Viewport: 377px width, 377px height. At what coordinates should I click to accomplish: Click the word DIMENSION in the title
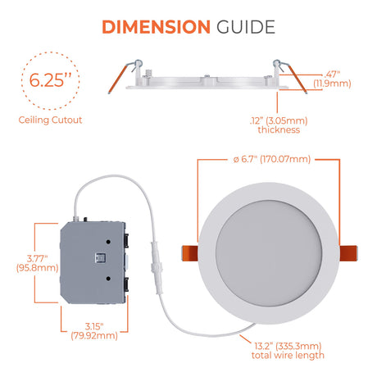pyautogui.click(x=156, y=27)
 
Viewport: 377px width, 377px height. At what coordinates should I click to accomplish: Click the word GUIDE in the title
pyautogui.click(x=246, y=27)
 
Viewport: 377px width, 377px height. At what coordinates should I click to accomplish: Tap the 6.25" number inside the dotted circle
pyautogui.click(x=50, y=80)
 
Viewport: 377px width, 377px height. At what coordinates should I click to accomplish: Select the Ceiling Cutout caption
pyautogui.click(x=50, y=120)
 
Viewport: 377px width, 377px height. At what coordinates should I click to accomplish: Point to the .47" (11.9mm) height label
pyautogui.click(x=332, y=79)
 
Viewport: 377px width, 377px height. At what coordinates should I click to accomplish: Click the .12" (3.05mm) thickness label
pyautogui.click(x=279, y=125)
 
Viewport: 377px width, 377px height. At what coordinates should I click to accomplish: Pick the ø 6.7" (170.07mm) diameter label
pyautogui.click(x=272, y=159)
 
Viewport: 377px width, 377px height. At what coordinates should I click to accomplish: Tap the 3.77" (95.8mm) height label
pyautogui.click(x=38, y=263)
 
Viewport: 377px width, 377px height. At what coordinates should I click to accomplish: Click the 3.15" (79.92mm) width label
pyautogui.click(x=94, y=331)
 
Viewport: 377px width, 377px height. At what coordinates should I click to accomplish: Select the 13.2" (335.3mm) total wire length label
pyautogui.click(x=288, y=351)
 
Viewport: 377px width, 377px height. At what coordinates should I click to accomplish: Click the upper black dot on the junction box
pyautogui.click(x=108, y=242)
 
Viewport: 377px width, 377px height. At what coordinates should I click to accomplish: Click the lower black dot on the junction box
pyautogui.click(x=108, y=279)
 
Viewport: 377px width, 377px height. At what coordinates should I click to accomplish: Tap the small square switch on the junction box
pyautogui.click(x=100, y=258)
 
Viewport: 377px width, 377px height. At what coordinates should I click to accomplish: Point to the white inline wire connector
pyautogui.click(x=157, y=268)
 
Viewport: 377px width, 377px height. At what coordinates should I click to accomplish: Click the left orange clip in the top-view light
pyautogui.click(x=190, y=253)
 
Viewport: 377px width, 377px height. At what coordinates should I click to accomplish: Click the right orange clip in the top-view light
pyautogui.click(x=348, y=253)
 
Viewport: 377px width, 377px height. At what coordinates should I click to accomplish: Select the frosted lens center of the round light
pyautogui.click(x=269, y=252)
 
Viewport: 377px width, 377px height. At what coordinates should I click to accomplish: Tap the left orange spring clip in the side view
pyautogui.click(x=118, y=79)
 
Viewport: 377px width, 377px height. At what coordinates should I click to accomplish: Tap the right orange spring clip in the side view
pyautogui.click(x=298, y=79)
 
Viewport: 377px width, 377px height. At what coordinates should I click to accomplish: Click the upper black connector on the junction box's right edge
pyautogui.click(x=126, y=240)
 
